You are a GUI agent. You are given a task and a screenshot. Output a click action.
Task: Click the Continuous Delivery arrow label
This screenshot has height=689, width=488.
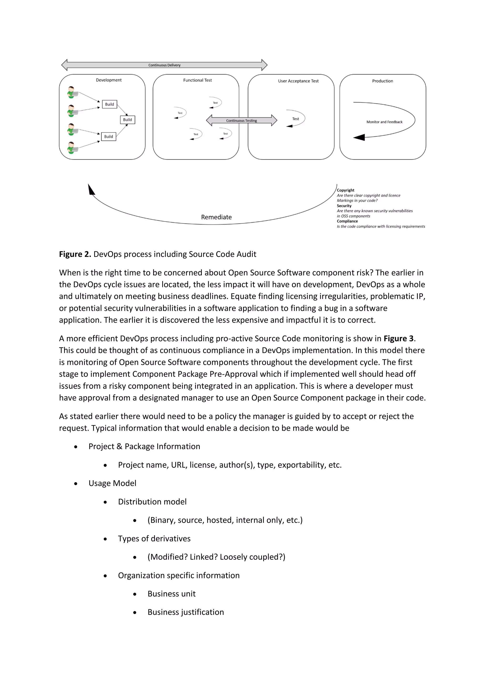164,65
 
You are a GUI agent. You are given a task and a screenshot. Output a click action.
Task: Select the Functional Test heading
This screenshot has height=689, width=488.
198,80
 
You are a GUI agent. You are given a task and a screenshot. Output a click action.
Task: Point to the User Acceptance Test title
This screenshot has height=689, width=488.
298,81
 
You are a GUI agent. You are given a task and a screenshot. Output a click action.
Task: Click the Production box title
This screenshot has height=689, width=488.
382,81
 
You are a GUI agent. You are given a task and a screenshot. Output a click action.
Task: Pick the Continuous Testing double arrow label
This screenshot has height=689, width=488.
241,121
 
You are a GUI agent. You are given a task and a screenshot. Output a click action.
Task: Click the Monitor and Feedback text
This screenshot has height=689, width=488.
384,122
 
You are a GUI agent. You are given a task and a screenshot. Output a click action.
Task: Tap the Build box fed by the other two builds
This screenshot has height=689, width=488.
127,120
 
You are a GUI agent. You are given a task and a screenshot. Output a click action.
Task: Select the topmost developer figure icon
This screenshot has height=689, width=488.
72,92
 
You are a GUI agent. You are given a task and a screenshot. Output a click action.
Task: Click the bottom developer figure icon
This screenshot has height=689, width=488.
72,148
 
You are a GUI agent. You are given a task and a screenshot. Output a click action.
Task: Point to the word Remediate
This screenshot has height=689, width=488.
216,217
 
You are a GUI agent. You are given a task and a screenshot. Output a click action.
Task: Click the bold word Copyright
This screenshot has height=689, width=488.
345,190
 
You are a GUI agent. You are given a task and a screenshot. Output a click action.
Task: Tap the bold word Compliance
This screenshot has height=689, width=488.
347,221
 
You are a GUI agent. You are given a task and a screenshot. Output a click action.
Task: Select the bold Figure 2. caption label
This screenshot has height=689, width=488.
75,254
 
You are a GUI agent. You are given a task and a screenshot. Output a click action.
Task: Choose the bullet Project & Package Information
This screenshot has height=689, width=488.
144,446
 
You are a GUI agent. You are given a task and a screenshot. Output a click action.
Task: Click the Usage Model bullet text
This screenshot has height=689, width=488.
112,483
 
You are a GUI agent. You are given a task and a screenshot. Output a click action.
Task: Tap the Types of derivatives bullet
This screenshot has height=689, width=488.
154,539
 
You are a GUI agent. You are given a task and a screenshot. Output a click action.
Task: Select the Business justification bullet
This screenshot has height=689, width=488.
186,612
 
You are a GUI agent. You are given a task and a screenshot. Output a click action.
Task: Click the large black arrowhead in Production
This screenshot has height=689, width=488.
359,137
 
